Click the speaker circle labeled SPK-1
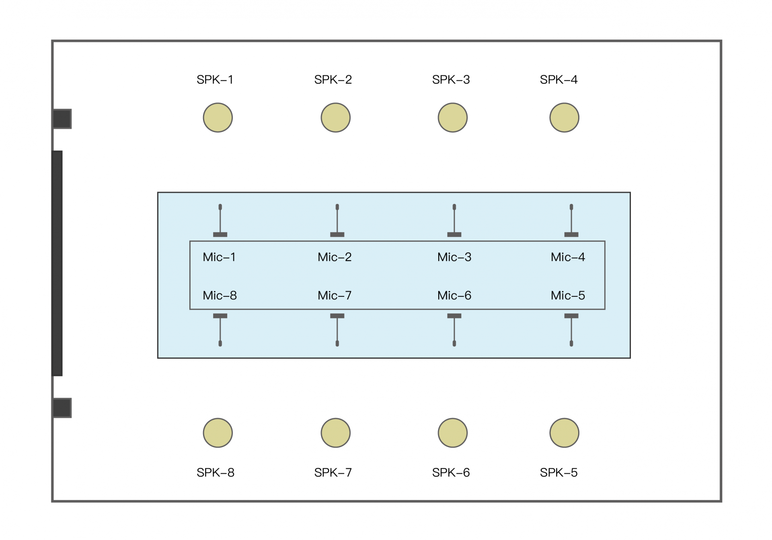(218, 117)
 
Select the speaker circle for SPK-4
(564, 117)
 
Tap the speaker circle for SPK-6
(452, 433)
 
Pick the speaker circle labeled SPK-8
(218, 433)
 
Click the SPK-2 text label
(333, 80)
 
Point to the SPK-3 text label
(451, 80)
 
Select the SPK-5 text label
(558, 472)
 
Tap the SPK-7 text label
(333, 472)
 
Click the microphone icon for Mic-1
(220, 220)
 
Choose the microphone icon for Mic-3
(454, 220)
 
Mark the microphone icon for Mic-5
(571, 330)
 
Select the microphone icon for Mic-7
(337, 330)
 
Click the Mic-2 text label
(335, 257)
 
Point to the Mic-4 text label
(568, 257)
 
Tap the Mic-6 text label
(454, 296)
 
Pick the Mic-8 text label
(220, 296)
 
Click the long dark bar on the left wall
(57, 263)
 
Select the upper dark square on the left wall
(62, 119)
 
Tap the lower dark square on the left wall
(62, 408)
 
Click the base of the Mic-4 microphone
(571, 234)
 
